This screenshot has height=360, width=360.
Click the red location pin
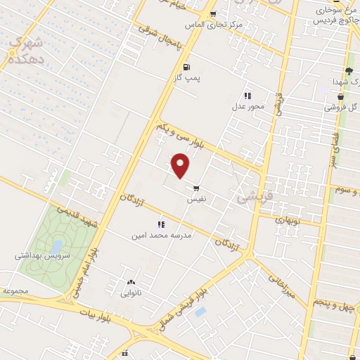(181, 165)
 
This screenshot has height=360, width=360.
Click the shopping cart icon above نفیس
(195, 188)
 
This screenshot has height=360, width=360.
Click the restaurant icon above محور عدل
(247, 96)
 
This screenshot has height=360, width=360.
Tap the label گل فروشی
(340, 108)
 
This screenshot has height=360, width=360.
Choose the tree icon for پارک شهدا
(348, 71)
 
